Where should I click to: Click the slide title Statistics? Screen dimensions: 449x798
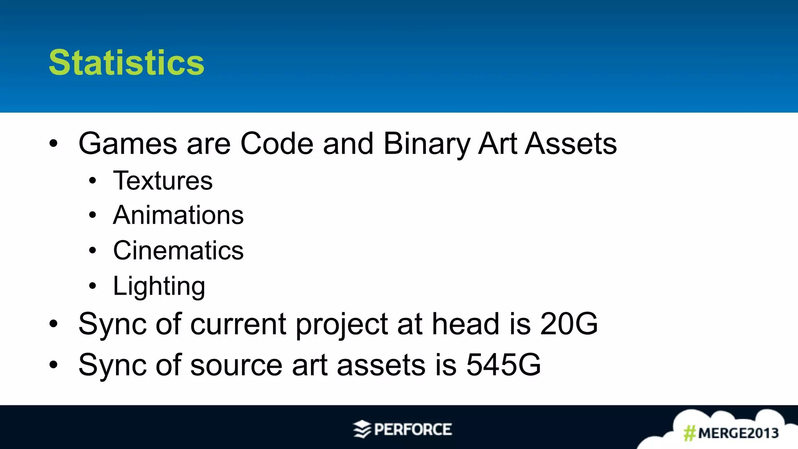126,63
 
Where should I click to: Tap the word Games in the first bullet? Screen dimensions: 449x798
128,144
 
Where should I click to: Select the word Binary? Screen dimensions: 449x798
427,144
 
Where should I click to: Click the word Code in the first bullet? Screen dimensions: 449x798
277,144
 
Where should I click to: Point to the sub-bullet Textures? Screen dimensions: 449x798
163,181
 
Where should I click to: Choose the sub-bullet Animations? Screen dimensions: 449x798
178,215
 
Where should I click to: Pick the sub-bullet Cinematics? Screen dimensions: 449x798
178,250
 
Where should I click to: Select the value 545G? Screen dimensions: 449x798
503,365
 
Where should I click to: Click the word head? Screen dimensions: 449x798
465,324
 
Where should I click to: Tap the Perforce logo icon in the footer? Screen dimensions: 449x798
362,429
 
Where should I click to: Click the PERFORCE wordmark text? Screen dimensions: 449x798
413,430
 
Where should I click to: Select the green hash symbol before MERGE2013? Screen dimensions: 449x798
690,433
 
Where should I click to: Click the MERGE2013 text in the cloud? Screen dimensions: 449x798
738,433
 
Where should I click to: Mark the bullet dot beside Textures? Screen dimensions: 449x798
92,181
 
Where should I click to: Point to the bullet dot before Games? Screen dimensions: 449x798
53,143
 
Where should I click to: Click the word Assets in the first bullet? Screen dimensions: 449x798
571,144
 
